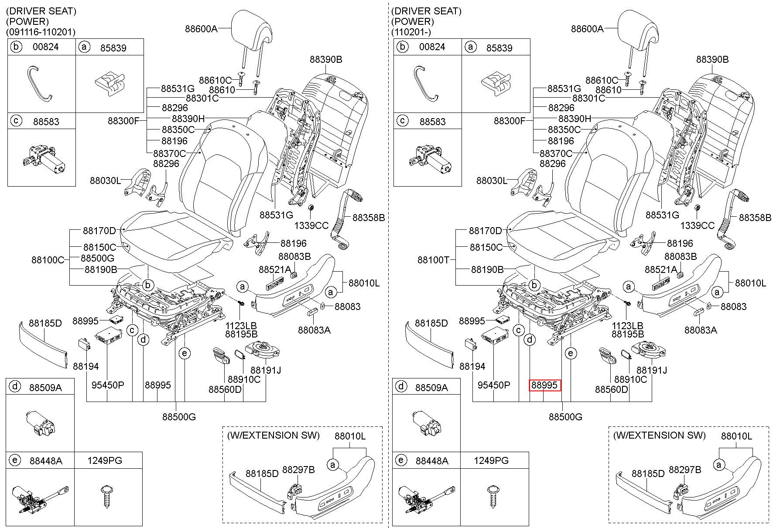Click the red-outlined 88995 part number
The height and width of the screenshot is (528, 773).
coord(544,385)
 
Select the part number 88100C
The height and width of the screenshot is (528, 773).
coord(48,260)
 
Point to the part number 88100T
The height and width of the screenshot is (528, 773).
coord(433,260)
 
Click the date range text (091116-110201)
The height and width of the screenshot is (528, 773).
coord(41,32)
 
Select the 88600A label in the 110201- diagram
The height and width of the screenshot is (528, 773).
coord(587,29)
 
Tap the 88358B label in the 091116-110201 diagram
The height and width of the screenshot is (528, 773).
coord(369,218)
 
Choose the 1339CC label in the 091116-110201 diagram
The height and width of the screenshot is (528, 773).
coord(311,225)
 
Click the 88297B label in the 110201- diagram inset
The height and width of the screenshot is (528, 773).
coord(685,470)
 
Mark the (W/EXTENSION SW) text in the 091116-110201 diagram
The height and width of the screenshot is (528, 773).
coord(273,435)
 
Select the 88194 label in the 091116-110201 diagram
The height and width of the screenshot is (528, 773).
coord(86,367)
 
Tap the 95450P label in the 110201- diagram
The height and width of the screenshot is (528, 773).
coord(494,385)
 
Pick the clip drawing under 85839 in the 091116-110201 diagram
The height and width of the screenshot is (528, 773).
coord(108,84)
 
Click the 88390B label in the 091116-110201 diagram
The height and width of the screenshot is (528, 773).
coord(326,59)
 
